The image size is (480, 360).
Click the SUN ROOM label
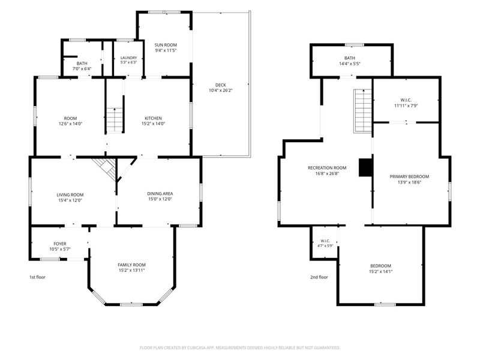[x=166, y=45]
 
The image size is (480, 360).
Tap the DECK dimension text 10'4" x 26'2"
[x=221, y=91]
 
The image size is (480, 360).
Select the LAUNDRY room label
[x=128, y=58]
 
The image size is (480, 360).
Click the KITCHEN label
[x=154, y=118]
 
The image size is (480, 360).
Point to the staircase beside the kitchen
[x=115, y=119]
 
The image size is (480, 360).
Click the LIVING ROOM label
[x=70, y=194]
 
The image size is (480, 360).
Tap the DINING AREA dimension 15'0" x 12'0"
[x=160, y=199]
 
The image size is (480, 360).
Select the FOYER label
[x=60, y=244]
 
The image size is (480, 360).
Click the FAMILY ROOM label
[x=131, y=265]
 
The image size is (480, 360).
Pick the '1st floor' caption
[x=37, y=277]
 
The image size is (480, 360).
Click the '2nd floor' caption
[x=319, y=277]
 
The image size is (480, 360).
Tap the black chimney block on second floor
[x=365, y=167]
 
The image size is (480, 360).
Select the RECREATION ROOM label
[x=327, y=168]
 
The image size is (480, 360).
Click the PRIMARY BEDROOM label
[x=409, y=176]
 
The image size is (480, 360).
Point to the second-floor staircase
[x=363, y=111]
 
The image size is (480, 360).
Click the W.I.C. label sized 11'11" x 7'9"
[x=406, y=100]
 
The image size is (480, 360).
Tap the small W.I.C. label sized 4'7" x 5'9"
[x=325, y=241]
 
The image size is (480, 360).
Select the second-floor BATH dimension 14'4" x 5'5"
[x=350, y=64]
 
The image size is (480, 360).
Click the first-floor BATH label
[x=82, y=64]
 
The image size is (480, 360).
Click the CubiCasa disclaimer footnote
[x=239, y=348]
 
